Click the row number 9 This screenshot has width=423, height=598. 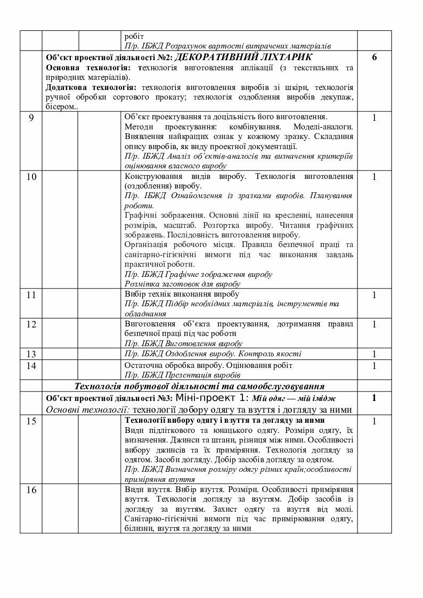coord(31,118)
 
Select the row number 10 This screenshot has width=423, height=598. coord(31,177)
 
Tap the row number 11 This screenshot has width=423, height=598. coord(31,294)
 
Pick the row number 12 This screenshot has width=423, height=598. coord(31,324)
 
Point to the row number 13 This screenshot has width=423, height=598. coord(31,354)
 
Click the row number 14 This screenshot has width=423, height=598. coord(31,366)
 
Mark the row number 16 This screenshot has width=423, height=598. coord(31,490)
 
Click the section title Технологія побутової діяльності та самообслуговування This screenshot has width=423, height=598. coord(200,387)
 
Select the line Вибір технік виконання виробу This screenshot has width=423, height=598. coord(181,294)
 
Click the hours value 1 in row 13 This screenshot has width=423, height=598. coord(374,355)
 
